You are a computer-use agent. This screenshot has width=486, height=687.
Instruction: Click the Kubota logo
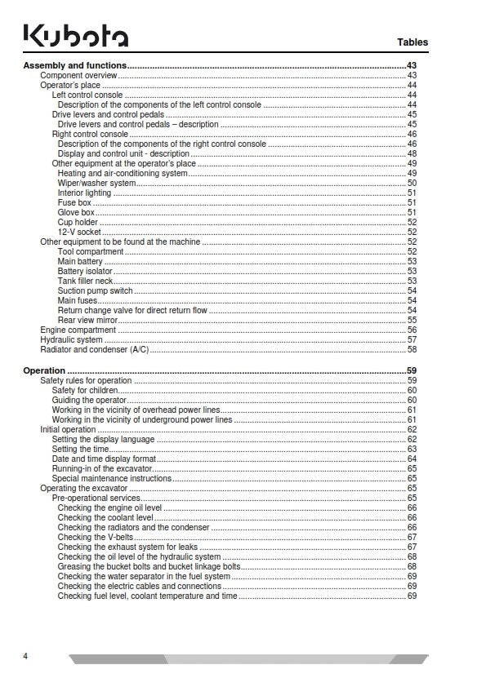click(75, 37)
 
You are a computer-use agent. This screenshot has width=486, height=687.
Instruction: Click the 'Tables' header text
click(412, 42)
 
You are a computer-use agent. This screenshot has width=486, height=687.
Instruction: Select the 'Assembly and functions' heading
click(75, 65)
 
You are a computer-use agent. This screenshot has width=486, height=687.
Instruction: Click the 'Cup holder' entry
click(78, 222)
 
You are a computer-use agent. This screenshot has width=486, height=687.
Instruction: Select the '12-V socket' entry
click(79, 232)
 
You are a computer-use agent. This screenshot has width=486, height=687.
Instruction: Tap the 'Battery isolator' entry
click(85, 271)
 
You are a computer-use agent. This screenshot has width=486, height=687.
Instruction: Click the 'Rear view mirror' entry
click(89, 320)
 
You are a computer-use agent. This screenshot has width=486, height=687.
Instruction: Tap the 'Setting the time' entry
click(81, 449)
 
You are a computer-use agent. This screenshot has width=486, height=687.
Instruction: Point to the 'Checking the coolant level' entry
click(105, 517)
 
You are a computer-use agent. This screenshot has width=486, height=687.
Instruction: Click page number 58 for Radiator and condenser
click(412, 349)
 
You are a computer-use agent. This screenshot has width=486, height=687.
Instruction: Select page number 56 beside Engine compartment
click(412, 330)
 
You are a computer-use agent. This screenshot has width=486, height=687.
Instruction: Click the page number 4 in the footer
click(25, 656)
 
